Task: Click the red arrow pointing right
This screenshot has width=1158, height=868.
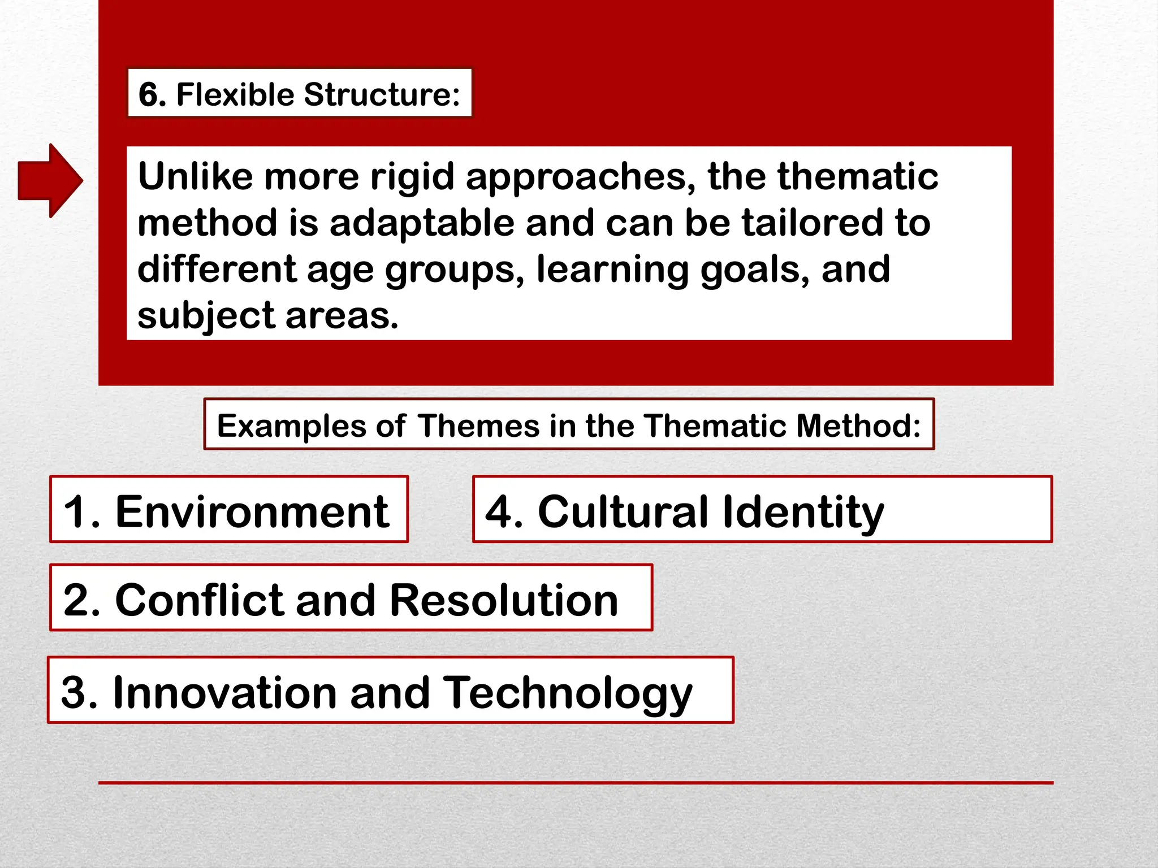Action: (x=50, y=180)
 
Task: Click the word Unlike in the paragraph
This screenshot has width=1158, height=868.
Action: (x=195, y=177)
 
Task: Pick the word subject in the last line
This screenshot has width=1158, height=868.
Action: (x=206, y=316)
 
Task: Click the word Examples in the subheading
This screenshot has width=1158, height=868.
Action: (x=292, y=426)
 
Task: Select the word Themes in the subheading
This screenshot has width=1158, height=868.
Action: (x=479, y=426)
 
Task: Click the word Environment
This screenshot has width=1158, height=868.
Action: (x=252, y=511)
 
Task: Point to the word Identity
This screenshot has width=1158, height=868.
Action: (x=803, y=511)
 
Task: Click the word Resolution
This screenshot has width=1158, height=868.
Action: (x=504, y=600)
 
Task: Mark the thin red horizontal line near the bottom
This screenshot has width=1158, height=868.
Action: (x=576, y=783)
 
